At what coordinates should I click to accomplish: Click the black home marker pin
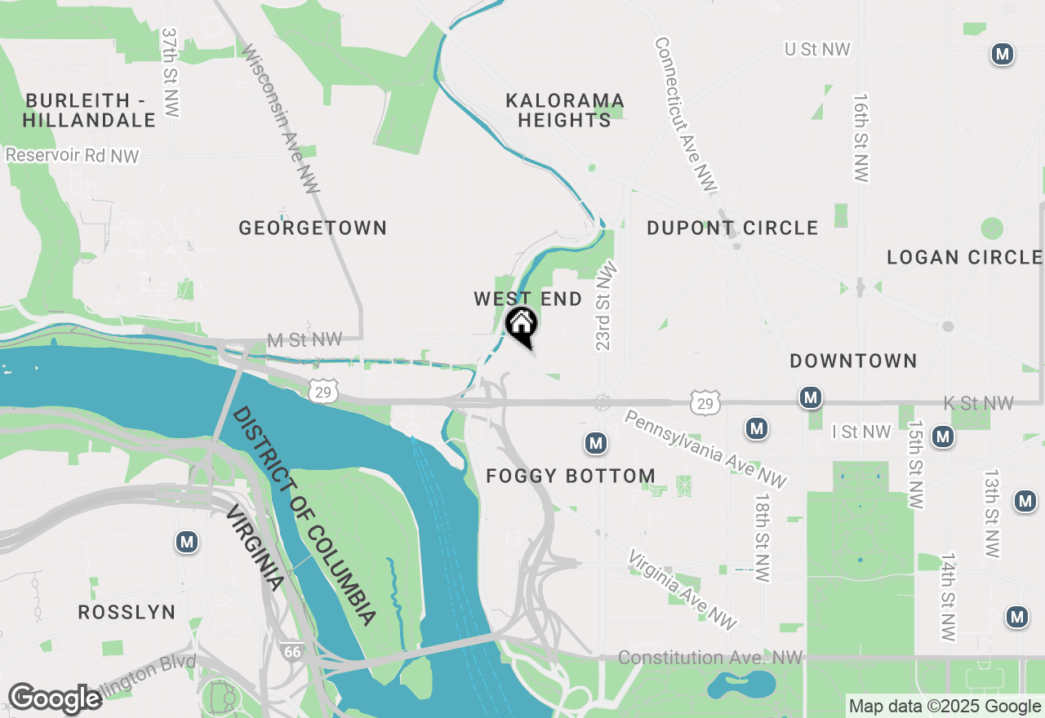[521, 326]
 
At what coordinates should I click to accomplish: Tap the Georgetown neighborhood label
[313, 228]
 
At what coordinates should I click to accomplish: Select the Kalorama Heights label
[565, 110]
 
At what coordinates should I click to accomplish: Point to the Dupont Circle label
[732, 228]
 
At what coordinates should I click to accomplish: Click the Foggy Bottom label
[571, 476]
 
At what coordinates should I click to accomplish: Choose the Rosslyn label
[127, 612]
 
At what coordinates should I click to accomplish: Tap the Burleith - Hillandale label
[89, 110]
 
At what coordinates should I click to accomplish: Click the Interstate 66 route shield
[292, 651]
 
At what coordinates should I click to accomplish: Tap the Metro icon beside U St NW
[1002, 55]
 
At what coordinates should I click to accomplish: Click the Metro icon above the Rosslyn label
[188, 542]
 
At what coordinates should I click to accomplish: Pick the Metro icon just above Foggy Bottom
[595, 443]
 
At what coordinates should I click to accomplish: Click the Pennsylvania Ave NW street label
[705, 450]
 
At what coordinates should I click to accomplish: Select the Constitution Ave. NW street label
[710, 658]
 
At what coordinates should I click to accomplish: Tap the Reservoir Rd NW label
[72, 155]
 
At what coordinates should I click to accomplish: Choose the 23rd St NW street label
[605, 306]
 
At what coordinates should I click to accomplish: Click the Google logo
[56, 698]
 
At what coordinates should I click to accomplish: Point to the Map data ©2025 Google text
[945, 707]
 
